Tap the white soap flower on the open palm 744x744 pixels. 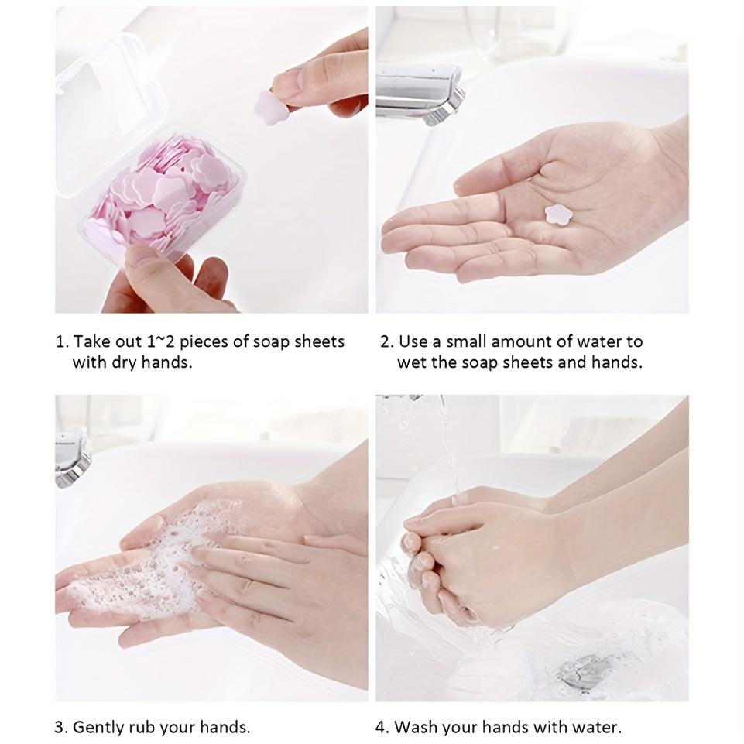pos(557,214)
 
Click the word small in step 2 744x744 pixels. pos(464,341)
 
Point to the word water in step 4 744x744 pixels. pos(597,728)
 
